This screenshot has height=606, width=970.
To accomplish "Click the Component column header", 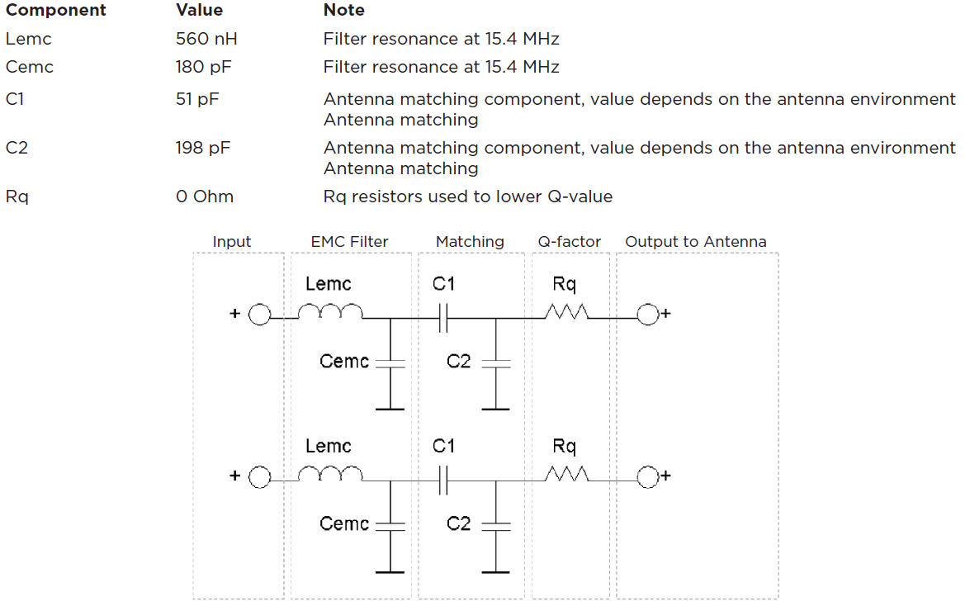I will pyautogui.click(x=56, y=11).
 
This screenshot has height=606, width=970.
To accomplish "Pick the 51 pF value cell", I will pyautogui.click(x=197, y=99).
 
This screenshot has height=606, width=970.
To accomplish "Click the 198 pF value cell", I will pyautogui.click(x=202, y=148).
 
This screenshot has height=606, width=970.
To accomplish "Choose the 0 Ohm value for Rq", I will pyautogui.click(x=205, y=196).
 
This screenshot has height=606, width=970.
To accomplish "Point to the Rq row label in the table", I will pyautogui.click(x=17, y=197).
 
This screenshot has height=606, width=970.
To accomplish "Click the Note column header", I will pyautogui.click(x=343, y=11).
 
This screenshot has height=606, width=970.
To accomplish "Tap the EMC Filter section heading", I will pyautogui.click(x=349, y=242).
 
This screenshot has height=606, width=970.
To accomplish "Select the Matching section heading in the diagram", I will pyautogui.click(x=470, y=242).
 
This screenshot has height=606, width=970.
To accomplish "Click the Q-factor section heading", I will pyautogui.click(x=570, y=242).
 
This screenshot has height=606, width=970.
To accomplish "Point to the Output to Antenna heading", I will pyautogui.click(x=696, y=242).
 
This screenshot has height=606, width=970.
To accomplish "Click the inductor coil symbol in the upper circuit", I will pyautogui.click(x=329, y=311).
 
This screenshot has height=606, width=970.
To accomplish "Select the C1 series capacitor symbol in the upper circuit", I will pyautogui.click(x=442, y=315).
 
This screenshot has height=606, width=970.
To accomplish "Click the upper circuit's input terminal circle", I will pyautogui.click(x=259, y=315).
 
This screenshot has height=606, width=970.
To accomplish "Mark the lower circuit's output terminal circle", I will pyautogui.click(x=647, y=477).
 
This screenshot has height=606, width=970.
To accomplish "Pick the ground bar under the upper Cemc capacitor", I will pyautogui.click(x=390, y=408).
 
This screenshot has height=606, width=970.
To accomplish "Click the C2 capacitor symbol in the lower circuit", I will pyautogui.click(x=495, y=524).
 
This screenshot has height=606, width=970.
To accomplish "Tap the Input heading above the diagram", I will pyautogui.click(x=232, y=242).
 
